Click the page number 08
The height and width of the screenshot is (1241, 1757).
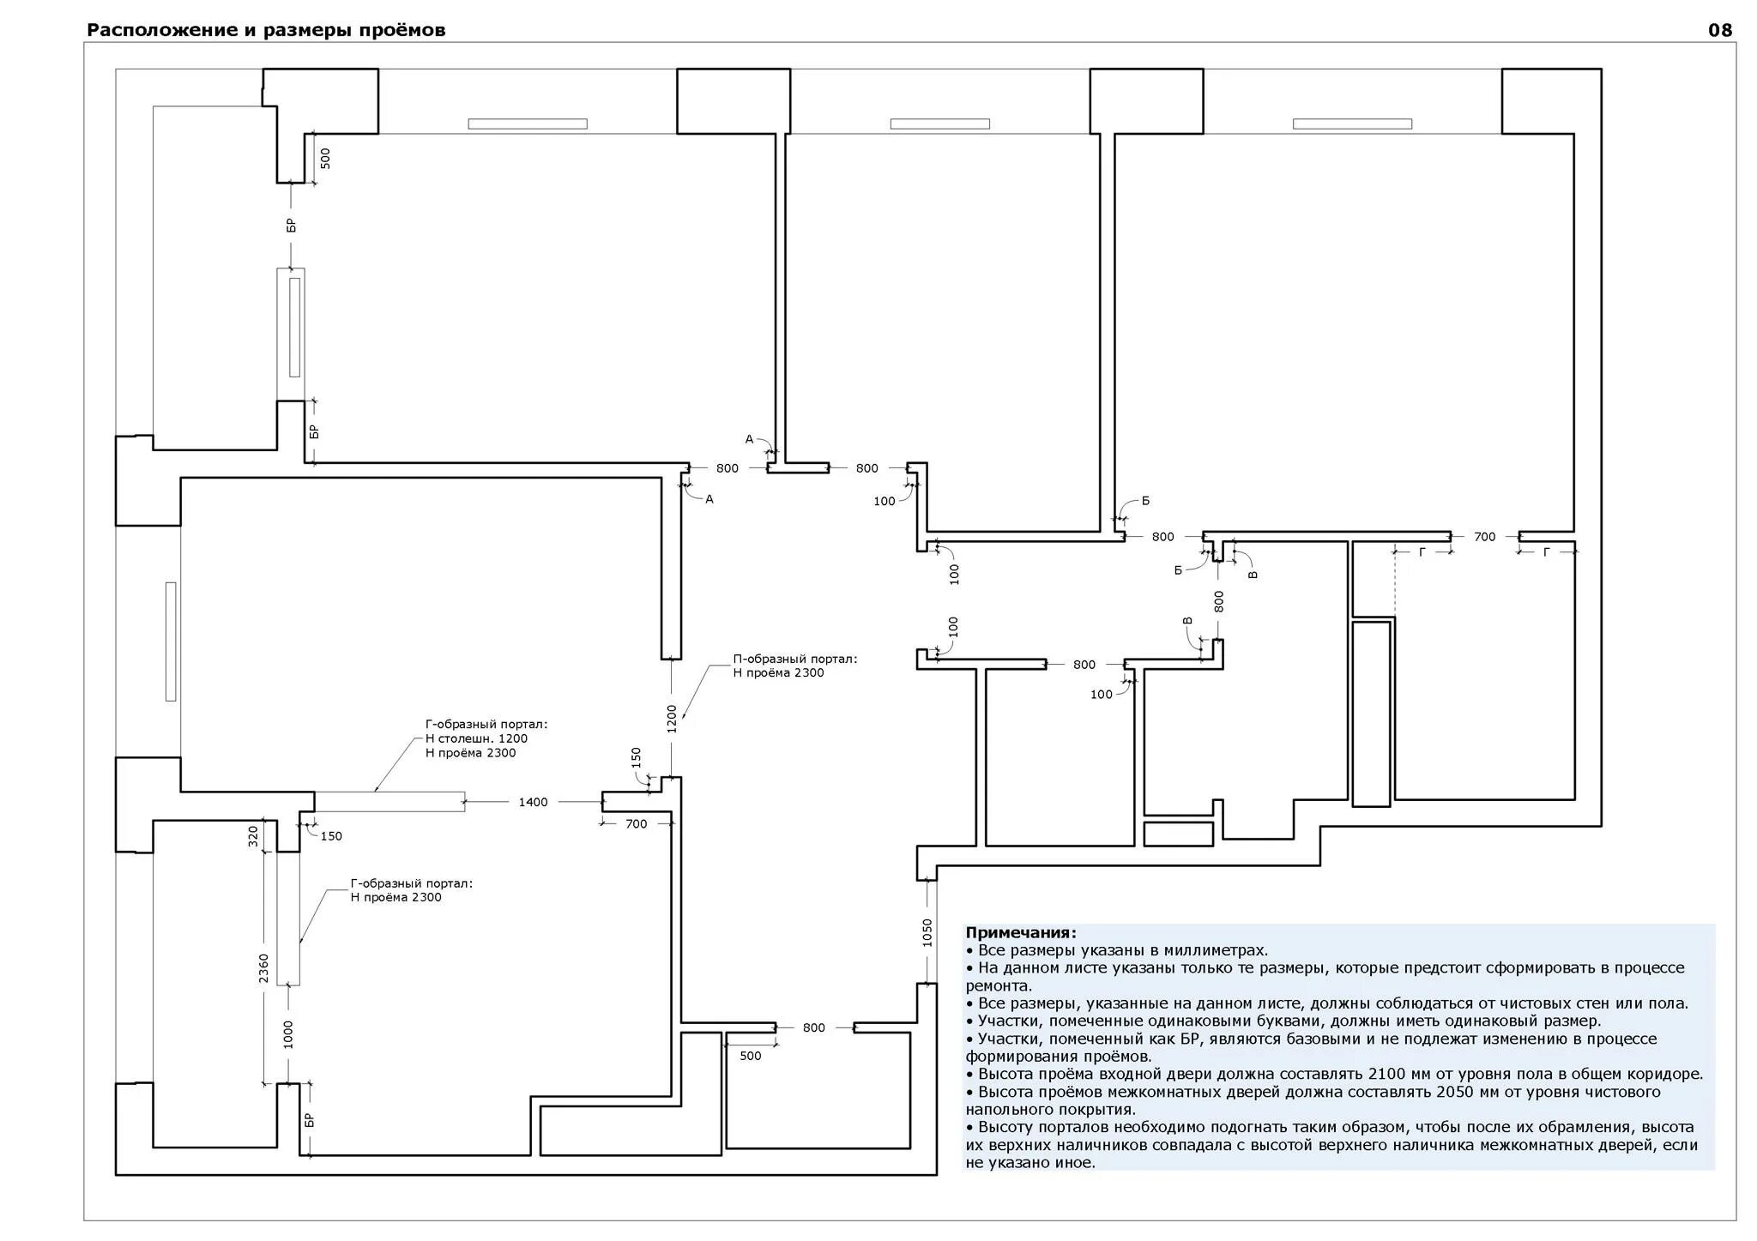1720,31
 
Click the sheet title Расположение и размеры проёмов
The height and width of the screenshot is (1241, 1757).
266,31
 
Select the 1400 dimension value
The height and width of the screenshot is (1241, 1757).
533,803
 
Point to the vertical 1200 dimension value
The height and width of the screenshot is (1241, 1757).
672,719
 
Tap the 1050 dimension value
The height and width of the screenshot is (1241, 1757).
927,932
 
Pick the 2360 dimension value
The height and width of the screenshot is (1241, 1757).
264,968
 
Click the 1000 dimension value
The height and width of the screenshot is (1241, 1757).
288,1034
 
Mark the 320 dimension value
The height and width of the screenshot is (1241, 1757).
253,836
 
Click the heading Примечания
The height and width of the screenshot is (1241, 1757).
1021,933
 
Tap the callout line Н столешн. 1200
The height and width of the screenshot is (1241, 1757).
476,738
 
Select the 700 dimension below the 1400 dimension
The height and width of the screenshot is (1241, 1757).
636,824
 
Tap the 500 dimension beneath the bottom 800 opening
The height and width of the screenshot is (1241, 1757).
750,1056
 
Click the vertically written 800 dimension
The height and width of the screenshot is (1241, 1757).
1219,601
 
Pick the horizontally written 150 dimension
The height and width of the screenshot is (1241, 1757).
331,836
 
